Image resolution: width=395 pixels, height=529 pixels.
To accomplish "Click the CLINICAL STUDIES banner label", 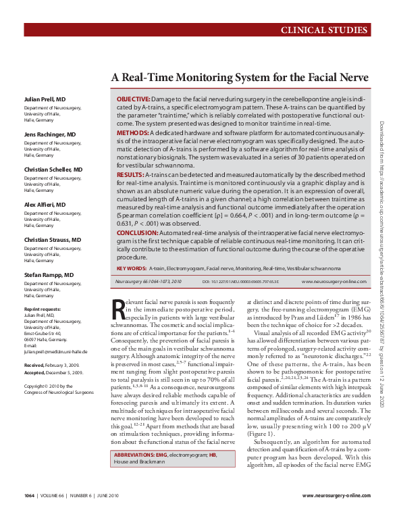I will point(324,30).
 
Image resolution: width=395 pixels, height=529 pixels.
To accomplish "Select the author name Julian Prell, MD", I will point(45,99).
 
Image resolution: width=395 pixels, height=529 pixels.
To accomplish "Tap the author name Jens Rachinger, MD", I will point(51,134).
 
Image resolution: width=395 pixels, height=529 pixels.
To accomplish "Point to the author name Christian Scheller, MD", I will point(53,169).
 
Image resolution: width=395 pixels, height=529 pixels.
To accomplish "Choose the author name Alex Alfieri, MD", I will point(45,204).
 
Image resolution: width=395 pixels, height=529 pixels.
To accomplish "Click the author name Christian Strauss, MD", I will point(52,240).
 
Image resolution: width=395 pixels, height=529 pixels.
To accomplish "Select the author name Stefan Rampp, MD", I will point(49,275).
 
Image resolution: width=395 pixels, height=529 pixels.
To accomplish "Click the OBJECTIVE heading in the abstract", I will point(133,99).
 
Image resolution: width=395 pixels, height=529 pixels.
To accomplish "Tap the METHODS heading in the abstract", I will point(132,134).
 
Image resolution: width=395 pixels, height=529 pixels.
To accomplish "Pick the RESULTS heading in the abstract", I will point(130,174).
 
